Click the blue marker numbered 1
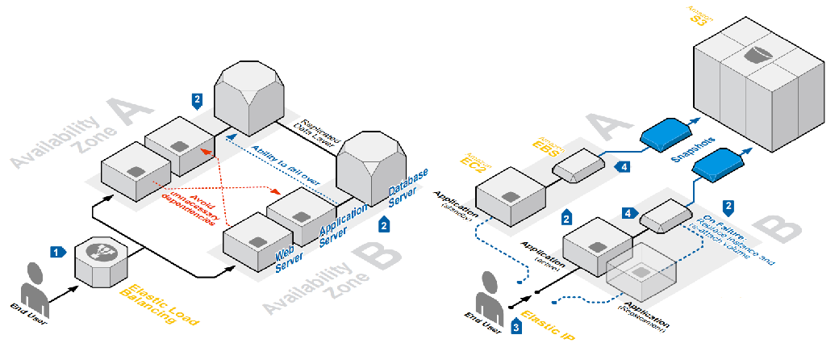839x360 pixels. [x=56, y=251]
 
